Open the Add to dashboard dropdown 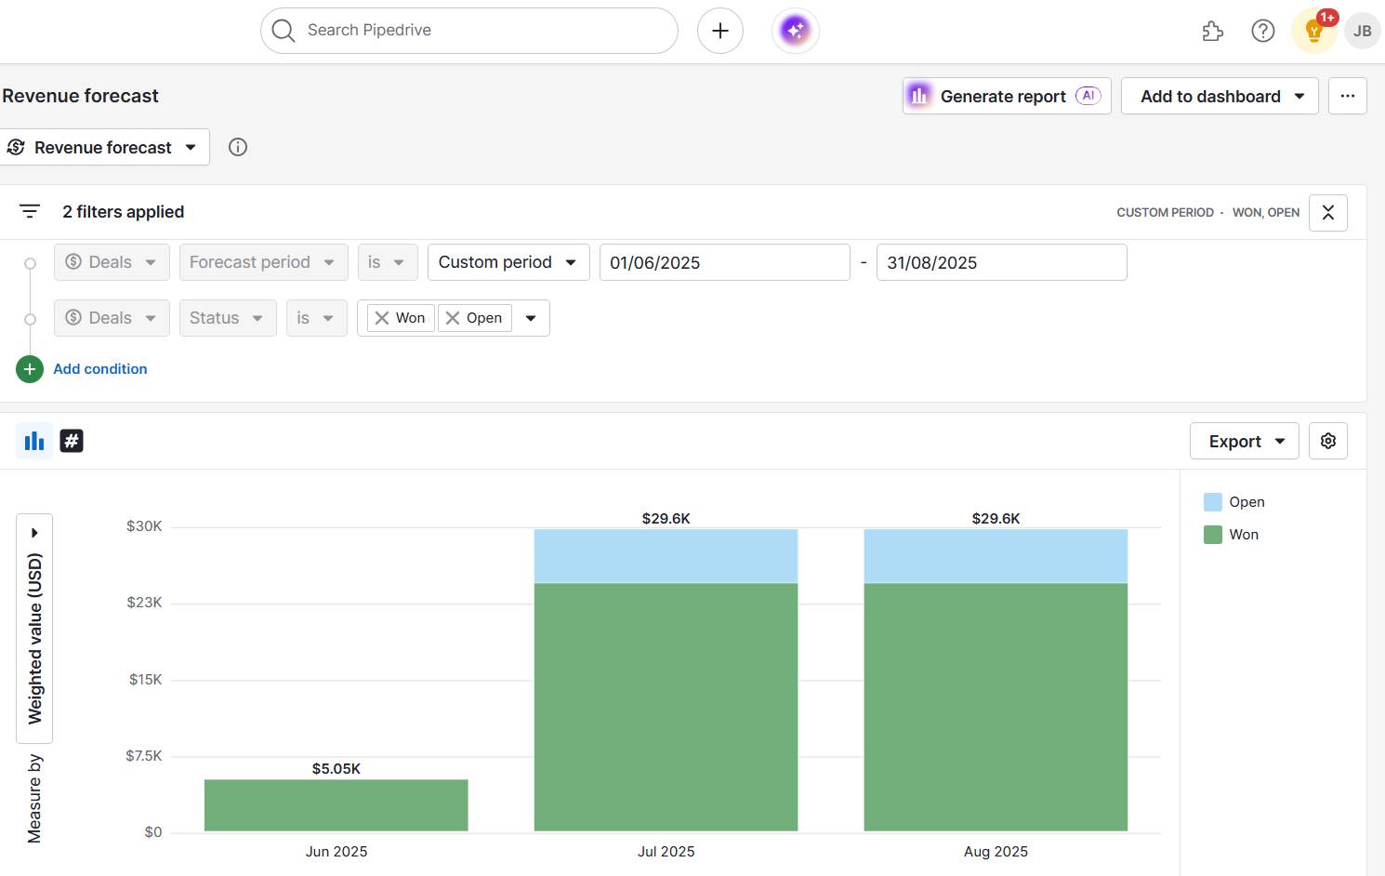[x=1219, y=97]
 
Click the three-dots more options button [x=1347, y=97]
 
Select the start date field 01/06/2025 [x=724, y=262]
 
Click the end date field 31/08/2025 [x=1001, y=262]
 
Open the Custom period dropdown [x=508, y=262]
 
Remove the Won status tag [x=382, y=318]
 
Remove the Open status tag [x=453, y=318]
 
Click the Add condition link [x=99, y=369]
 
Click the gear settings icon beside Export [x=1327, y=442]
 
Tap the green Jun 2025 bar [x=336, y=805]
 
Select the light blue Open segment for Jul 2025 [x=666, y=556]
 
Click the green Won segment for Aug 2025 [x=996, y=707]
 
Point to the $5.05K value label [x=336, y=769]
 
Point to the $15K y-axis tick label [x=146, y=680]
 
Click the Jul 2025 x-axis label [x=666, y=852]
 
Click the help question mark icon [x=1262, y=31]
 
